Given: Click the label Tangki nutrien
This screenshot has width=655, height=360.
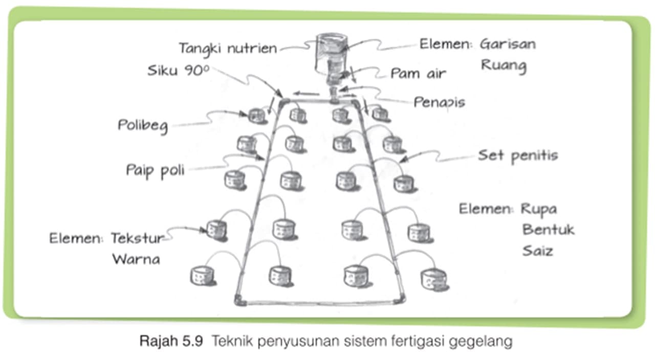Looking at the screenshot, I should click(227, 49).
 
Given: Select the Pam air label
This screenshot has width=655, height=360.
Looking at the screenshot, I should click(418, 74).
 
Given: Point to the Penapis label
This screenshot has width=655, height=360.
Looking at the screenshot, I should click(439, 102).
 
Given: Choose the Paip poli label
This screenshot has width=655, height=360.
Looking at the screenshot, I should click(155, 170).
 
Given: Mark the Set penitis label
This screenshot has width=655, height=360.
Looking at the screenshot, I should click(517, 155).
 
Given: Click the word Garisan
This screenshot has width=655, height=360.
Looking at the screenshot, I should click(508, 44).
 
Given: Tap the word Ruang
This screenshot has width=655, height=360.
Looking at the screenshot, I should click(503, 65).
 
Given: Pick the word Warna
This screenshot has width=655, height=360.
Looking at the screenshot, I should click(136, 259).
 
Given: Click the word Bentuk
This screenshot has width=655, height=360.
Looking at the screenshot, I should click(548, 230).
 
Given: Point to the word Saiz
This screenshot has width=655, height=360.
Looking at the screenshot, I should click(537, 251).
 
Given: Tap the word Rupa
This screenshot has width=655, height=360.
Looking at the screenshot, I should click(539, 209).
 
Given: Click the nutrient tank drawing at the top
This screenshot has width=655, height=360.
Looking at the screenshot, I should click(331, 51).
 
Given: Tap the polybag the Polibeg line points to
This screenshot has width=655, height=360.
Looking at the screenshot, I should click(257, 116).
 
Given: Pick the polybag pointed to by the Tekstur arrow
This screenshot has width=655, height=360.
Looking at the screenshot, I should click(217, 230).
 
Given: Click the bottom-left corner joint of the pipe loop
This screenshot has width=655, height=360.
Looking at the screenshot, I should click(239, 301).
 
